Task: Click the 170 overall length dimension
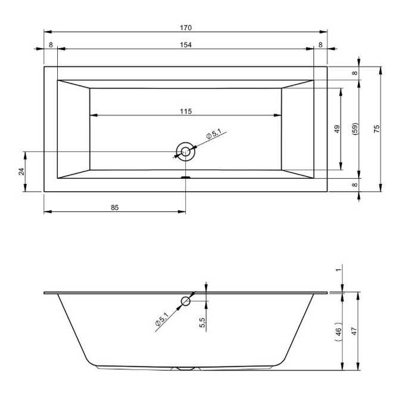tap(186, 28)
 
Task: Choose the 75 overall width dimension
tap(376, 129)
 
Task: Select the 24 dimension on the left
tap(21, 172)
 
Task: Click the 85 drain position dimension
tap(115, 207)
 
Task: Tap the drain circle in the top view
tap(185, 152)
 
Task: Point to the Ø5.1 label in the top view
tap(213, 135)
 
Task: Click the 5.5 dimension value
tap(202, 322)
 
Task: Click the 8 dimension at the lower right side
tap(355, 185)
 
